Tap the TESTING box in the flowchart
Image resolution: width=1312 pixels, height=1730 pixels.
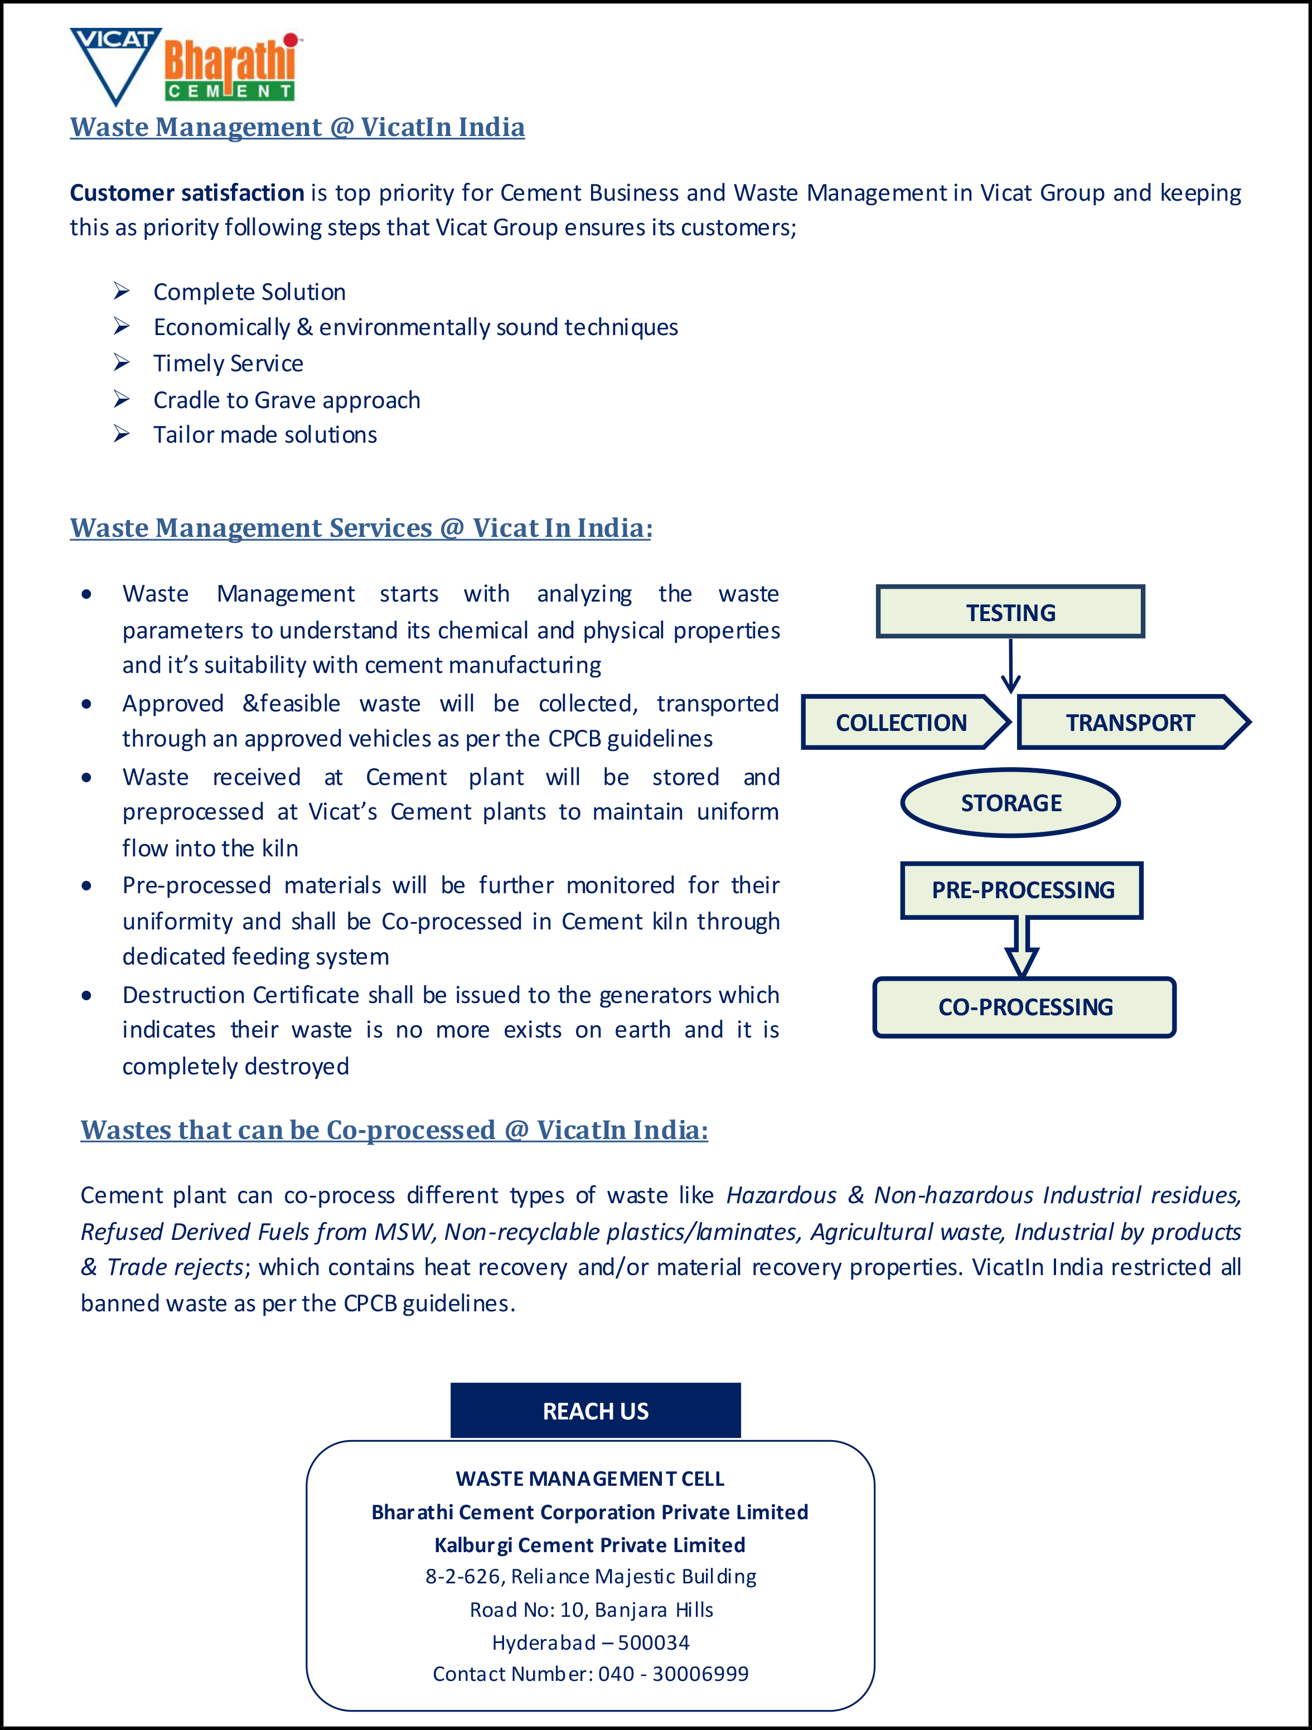pyautogui.click(x=1010, y=612)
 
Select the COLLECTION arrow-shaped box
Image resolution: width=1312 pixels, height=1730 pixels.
pyautogui.click(x=901, y=722)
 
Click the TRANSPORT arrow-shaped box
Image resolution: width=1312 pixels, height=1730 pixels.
pyautogui.click(x=1130, y=722)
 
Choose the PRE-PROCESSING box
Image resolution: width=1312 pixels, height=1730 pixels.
pyautogui.click(x=1021, y=890)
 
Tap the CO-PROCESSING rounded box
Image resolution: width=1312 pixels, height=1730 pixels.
pyautogui.click(x=1025, y=1006)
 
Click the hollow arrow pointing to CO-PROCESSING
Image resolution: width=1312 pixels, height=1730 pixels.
pyautogui.click(x=1021, y=948)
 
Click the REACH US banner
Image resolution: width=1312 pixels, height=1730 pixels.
pyautogui.click(x=596, y=1410)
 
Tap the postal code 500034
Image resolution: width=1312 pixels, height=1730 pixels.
pyautogui.click(x=653, y=1641)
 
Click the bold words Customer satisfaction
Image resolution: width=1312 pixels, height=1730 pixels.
pyautogui.click(x=187, y=192)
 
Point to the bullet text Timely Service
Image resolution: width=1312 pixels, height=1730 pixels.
pyautogui.click(x=229, y=363)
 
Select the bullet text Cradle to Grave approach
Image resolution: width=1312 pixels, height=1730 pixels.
pyautogui.click(x=287, y=400)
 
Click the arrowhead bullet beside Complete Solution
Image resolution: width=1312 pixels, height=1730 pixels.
pyautogui.click(x=121, y=291)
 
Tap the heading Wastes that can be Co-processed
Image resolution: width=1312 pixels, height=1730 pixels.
pyautogui.click(x=394, y=1130)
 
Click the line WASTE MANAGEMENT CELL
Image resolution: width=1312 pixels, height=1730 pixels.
pyautogui.click(x=590, y=1478)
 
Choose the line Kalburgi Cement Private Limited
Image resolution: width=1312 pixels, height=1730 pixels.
pyautogui.click(x=590, y=1545)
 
